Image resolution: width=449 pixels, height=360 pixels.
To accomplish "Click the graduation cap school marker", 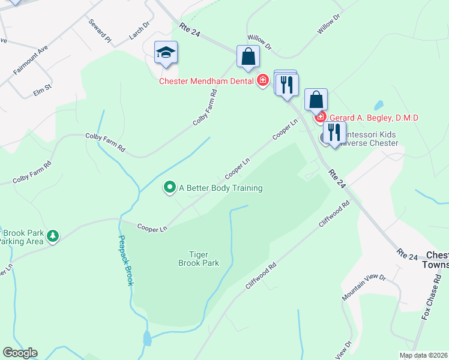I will (x=165, y=53).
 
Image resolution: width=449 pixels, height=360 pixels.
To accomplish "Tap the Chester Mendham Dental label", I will (x=207, y=80).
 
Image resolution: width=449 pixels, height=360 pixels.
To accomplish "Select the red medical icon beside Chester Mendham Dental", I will (x=262, y=80).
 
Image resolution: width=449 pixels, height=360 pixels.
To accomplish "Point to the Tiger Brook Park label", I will (x=199, y=259).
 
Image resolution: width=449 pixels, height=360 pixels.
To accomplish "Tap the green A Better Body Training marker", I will (x=170, y=188).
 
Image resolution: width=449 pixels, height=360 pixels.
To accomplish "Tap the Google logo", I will (x=20, y=353).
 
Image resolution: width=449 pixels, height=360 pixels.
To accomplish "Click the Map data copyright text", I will (x=423, y=355).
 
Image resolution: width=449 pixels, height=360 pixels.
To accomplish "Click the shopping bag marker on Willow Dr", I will (x=248, y=57).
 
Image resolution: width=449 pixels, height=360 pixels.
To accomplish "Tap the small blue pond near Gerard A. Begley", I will (x=379, y=106).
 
